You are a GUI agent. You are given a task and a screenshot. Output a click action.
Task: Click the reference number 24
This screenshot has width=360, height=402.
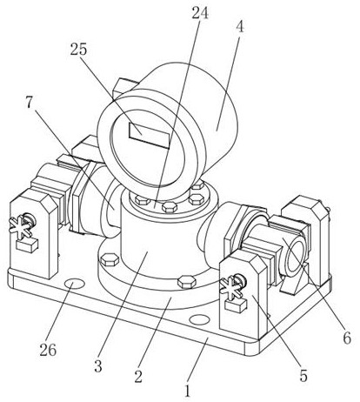click(x=200, y=12)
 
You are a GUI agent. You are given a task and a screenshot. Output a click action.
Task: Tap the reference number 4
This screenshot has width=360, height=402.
click(x=240, y=27)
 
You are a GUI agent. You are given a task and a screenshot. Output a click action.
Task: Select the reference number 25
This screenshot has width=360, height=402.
click(x=78, y=50)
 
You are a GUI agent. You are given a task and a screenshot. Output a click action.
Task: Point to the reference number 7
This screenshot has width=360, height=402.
click(x=29, y=102)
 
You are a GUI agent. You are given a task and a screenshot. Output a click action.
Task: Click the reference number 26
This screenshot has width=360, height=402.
click(x=48, y=350)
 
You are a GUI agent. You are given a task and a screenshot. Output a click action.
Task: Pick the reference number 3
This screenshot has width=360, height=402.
click(x=98, y=366)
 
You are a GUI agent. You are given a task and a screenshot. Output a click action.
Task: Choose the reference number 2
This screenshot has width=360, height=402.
click(x=138, y=376)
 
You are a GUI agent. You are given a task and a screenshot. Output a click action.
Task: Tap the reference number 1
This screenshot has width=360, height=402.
click(x=188, y=391)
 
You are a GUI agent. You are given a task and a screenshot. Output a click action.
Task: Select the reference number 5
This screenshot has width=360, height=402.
click(x=303, y=376)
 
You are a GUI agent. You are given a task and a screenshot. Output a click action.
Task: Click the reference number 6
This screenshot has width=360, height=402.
click(x=347, y=338)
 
